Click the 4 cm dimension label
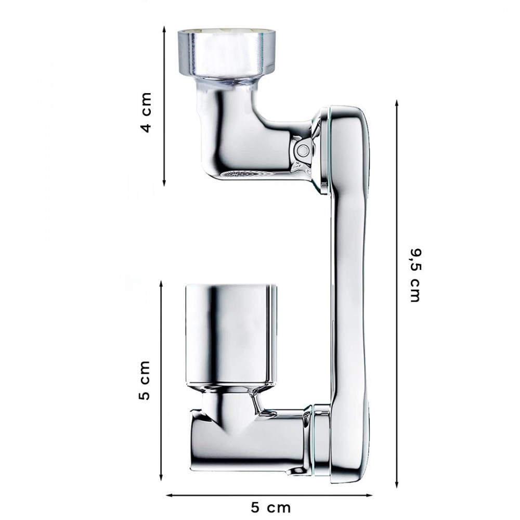click(146, 113)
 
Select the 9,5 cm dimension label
click(414, 275)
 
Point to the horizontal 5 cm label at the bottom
click(270, 508)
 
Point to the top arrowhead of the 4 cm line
click(164, 29)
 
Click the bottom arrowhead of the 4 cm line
click(164, 183)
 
